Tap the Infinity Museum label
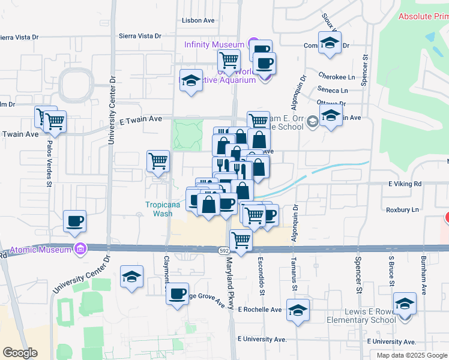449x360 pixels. coord(214,44)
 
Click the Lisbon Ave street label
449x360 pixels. coord(198,20)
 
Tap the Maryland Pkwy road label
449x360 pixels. coord(229,284)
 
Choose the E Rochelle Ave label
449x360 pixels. coord(259,310)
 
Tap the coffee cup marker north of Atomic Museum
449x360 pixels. coord(75,221)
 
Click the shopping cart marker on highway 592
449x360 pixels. coord(241,239)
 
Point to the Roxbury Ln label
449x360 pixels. coord(403,210)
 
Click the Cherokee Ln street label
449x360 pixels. coord(332,77)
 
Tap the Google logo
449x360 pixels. coord(20,352)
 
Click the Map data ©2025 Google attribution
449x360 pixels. coord(411,355)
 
